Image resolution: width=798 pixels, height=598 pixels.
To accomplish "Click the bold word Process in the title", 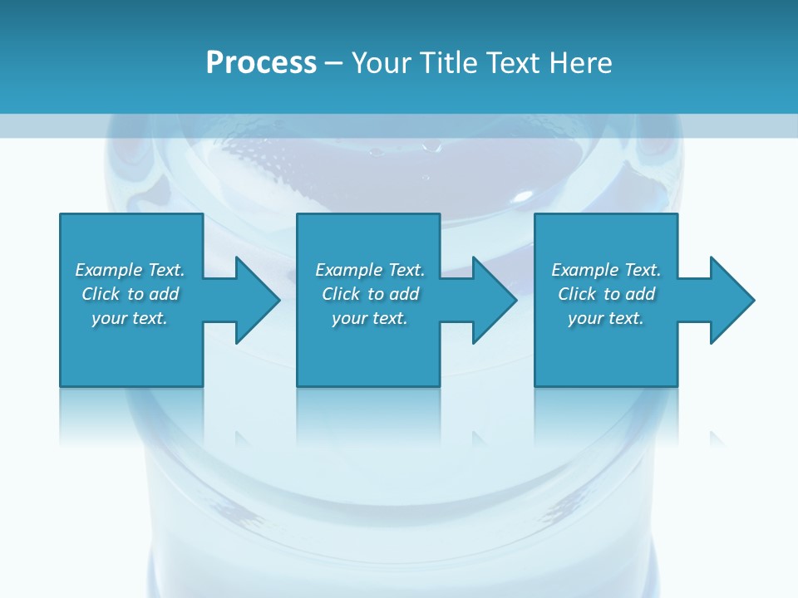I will [x=261, y=63].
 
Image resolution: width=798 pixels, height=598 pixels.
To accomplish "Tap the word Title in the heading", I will [x=449, y=63].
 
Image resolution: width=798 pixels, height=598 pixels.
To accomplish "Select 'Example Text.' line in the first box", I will [x=130, y=270].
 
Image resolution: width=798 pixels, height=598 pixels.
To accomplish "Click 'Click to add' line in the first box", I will [x=130, y=294].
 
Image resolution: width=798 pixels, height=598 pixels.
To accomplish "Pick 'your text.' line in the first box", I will [x=130, y=318].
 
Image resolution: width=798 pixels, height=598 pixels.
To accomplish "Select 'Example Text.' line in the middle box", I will [x=370, y=270].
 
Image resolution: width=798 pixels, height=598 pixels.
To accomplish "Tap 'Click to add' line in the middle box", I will [x=370, y=294].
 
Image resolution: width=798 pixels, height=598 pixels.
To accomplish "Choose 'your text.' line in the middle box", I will [x=370, y=318].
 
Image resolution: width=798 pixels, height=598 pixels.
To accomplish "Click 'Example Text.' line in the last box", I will [x=606, y=270].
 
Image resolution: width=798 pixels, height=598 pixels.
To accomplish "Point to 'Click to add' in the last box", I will [x=606, y=294].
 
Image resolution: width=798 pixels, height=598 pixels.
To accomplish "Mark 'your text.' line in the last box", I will [x=606, y=318].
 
